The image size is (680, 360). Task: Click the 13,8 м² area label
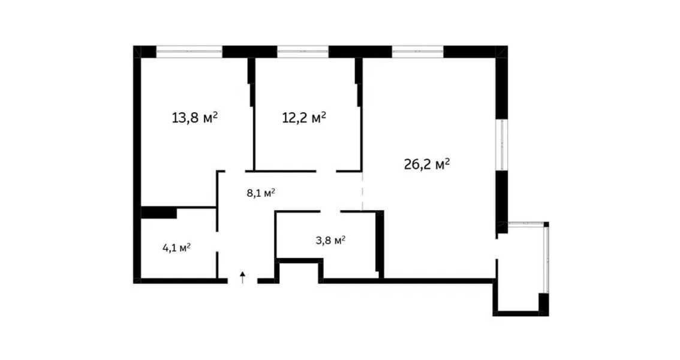pos(194,118)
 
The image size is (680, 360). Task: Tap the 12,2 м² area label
pos(304,117)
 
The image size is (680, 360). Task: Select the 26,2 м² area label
pos(427,164)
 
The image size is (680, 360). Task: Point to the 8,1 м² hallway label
pos(261,193)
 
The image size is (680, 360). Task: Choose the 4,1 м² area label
pos(176,247)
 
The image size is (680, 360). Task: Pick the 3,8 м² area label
pos(330,241)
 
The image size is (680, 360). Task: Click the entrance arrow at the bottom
pos(242,277)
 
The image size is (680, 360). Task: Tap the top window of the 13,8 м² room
pos(189,52)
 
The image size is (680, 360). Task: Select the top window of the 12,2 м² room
pos(302,52)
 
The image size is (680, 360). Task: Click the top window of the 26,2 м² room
pos(417,52)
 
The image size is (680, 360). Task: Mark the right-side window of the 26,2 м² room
pos(501,144)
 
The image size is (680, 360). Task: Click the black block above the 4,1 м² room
pos(158,212)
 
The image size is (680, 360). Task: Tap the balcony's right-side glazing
pos(546,258)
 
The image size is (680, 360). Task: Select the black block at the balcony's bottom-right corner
pos(543,304)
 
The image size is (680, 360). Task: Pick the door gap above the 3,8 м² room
pos(330,211)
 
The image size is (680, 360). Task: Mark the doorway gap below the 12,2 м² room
pos(325,171)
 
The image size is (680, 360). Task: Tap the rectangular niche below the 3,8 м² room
pos(299,271)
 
